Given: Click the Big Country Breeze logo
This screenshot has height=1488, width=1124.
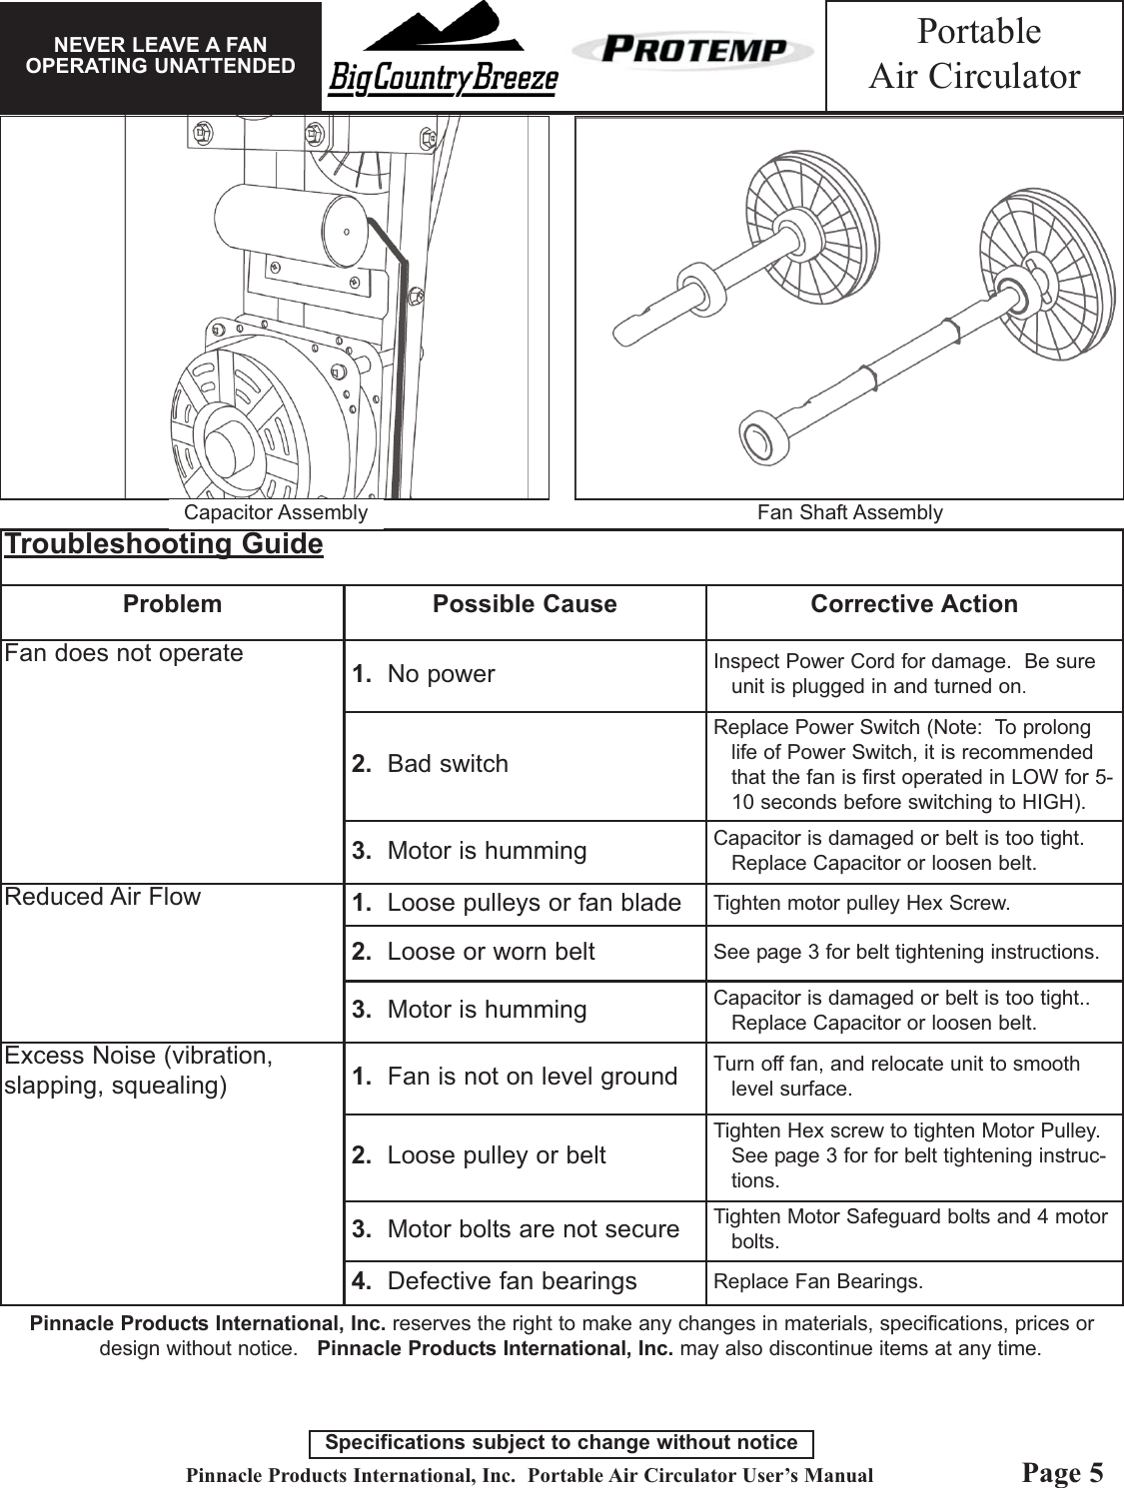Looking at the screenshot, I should tap(442, 55).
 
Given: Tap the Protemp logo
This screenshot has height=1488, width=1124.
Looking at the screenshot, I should tap(692, 50).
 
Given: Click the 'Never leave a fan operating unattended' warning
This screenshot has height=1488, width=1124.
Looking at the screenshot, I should tap(160, 56).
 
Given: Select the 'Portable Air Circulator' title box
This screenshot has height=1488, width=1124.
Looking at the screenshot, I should tap(974, 55).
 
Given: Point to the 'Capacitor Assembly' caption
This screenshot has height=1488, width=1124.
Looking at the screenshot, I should tap(276, 513).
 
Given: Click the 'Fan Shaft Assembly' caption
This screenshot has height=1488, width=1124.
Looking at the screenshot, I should tap(849, 513).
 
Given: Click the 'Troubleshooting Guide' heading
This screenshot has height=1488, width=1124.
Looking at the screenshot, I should tap(164, 544).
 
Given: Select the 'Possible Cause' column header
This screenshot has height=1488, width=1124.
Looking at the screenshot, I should tap(525, 604).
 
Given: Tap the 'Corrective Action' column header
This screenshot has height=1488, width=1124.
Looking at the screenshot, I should tap(914, 604).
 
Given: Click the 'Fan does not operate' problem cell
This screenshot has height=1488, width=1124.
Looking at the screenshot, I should tap(124, 653).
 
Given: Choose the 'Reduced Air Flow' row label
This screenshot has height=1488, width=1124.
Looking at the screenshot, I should tap(103, 897).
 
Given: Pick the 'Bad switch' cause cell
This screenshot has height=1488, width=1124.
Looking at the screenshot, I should tap(447, 764).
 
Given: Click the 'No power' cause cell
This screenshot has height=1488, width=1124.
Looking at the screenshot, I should tap(440, 674).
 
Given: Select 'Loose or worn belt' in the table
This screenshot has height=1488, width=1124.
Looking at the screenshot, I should tap(490, 952).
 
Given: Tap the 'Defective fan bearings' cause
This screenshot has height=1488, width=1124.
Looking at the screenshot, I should tap(511, 1281).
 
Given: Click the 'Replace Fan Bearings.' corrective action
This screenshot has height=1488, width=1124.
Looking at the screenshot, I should tap(818, 1281).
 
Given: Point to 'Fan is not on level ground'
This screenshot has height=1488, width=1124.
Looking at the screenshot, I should tap(532, 1077).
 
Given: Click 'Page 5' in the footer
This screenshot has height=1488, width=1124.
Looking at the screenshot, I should tap(1063, 1473).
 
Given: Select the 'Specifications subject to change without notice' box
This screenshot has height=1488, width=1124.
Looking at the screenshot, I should tap(562, 1443).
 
